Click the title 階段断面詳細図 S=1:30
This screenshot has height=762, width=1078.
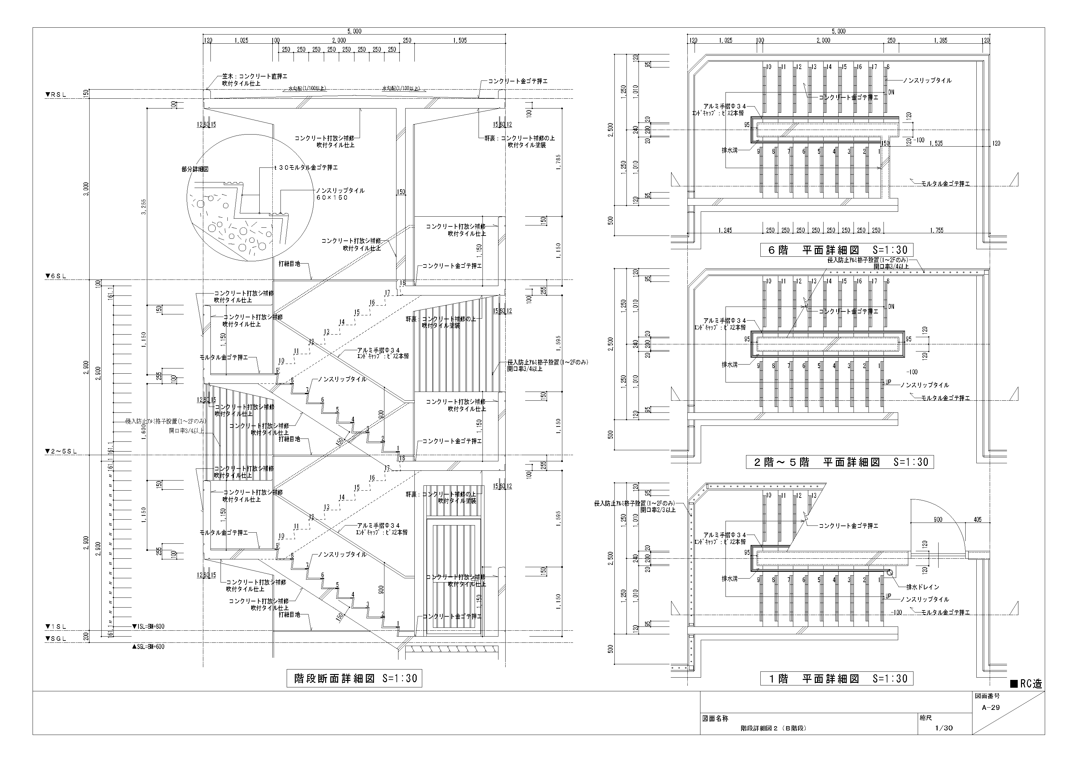point(354,678)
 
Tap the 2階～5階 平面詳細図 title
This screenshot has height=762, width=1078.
point(840,462)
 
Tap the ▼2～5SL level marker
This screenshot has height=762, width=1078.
point(61,451)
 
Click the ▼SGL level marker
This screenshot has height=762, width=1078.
point(55,639)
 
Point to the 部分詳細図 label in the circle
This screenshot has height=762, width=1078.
point(195,169)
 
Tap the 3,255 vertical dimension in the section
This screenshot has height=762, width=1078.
point(144,207)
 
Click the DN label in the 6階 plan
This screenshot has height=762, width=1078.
point(891,92)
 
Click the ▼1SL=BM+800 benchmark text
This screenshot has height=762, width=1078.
point(148,626)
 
